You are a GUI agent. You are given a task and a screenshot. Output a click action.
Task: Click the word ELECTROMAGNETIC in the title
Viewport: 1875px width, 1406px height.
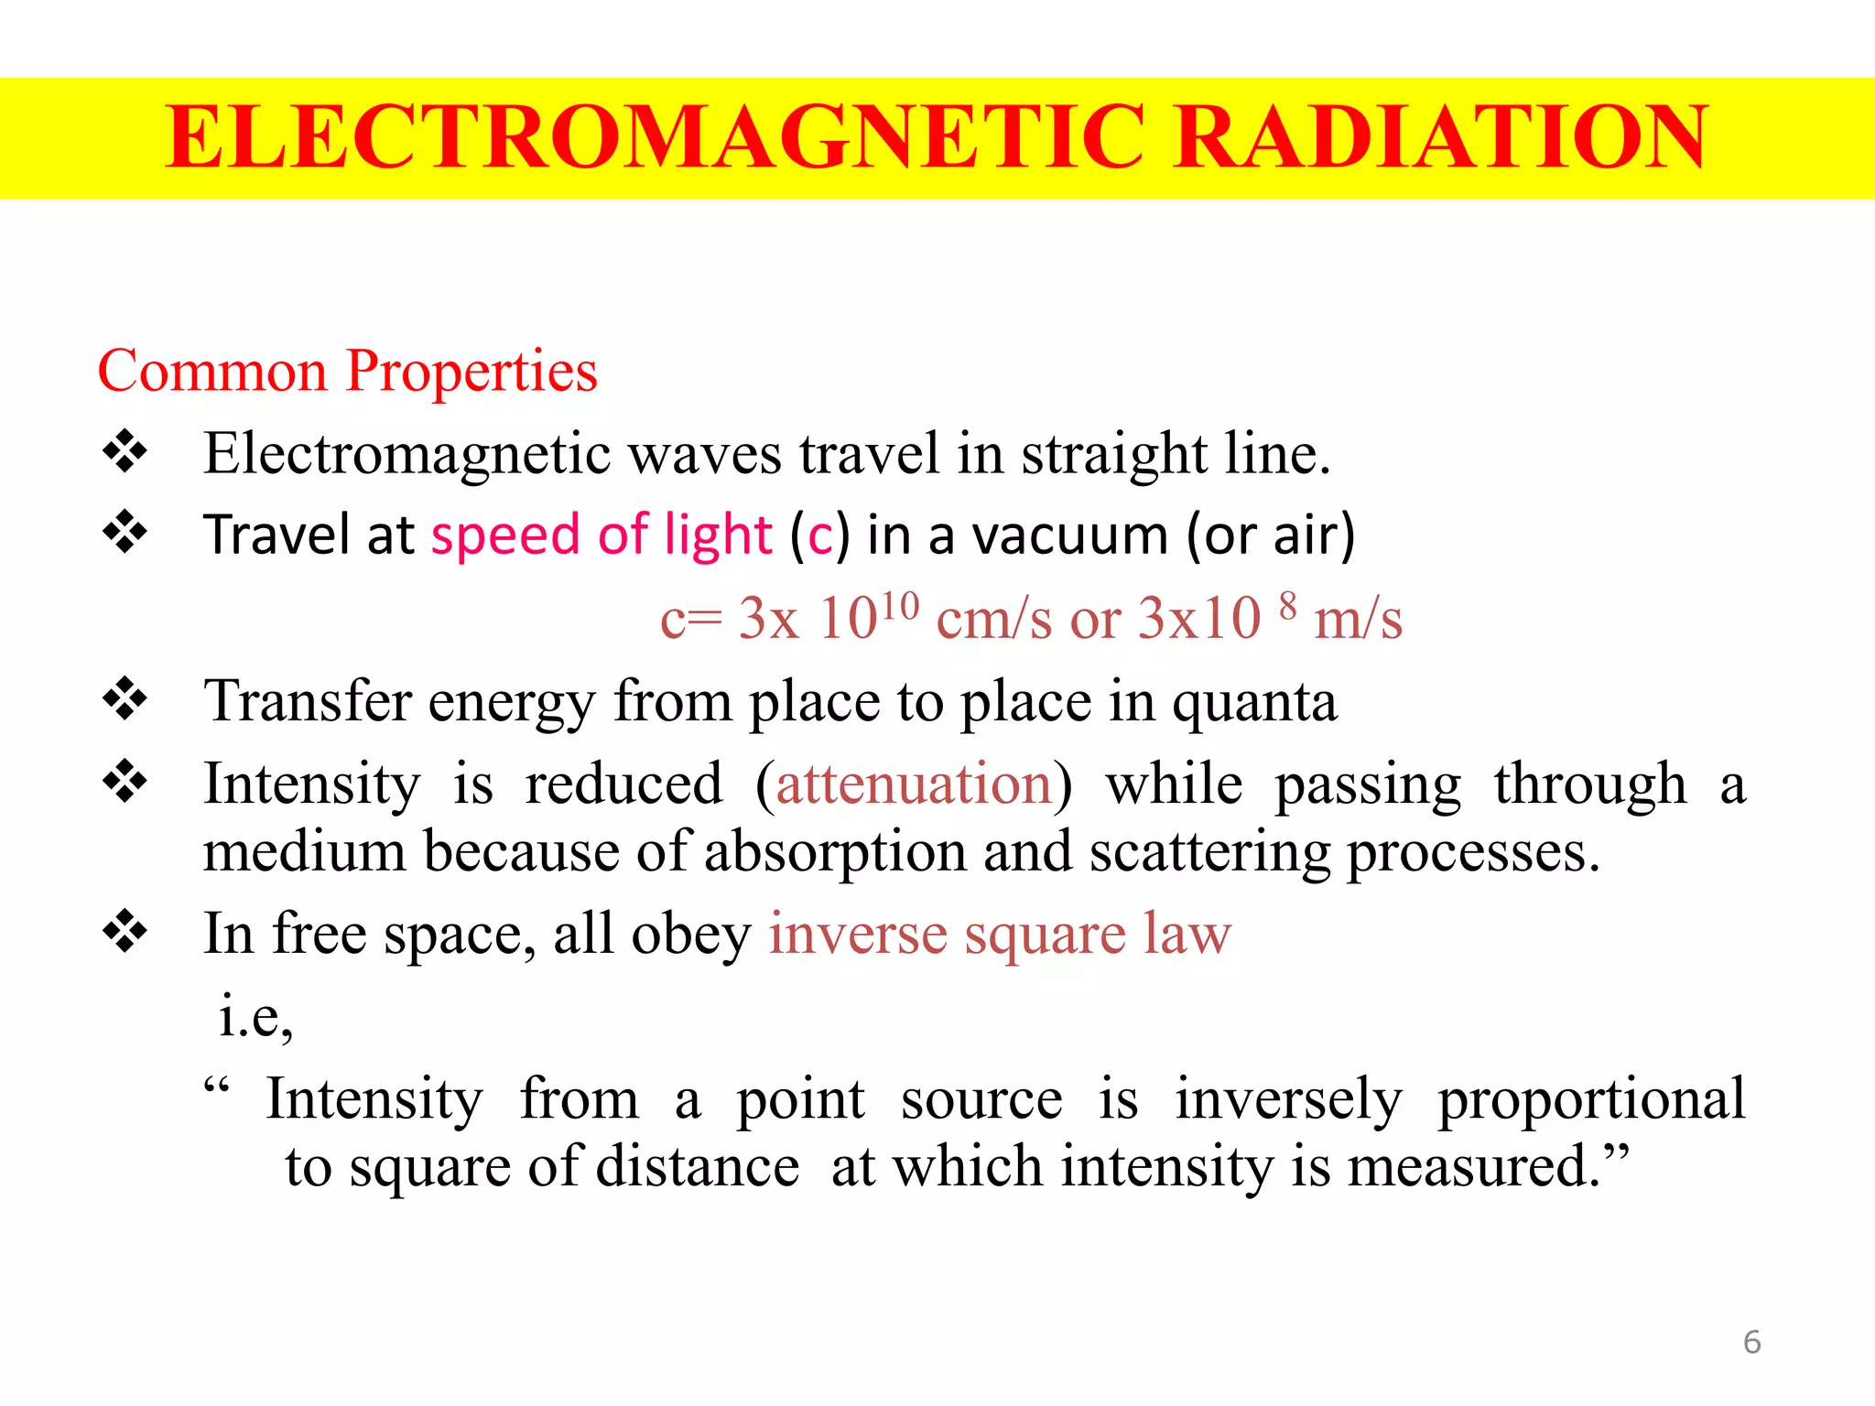tap(655, 137)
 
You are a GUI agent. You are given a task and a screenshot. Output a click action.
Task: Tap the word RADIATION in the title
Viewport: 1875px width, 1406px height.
tap(1441, 137)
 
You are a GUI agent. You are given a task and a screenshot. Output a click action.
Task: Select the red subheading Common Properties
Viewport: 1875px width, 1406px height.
tap(347, 372)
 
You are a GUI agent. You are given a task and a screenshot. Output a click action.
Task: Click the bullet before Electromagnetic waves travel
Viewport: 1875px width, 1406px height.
tap(125, 452)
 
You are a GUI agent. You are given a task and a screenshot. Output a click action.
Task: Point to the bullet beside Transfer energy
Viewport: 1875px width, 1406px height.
tap(125, 700)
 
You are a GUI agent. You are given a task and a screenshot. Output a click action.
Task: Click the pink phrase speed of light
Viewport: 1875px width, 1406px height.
tap(602, 535)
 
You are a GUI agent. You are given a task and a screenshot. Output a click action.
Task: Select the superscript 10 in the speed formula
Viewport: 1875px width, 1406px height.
tap(899, 606)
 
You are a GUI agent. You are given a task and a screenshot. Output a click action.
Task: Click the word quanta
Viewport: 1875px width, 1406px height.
tap(1254, 702)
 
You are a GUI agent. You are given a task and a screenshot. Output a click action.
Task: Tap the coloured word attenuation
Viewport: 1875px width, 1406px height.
tap(914, 784)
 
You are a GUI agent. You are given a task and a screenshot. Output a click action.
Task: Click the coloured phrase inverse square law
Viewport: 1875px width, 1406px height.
tap(1000, 935)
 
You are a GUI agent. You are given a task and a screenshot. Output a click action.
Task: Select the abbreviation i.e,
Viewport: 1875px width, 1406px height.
tap(255, 1016)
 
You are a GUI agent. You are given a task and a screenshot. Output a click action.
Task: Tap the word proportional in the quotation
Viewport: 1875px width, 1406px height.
tap(1591, 1099)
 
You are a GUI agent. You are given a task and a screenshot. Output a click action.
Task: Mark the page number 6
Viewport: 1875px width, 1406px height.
tap(1751, 1342)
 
